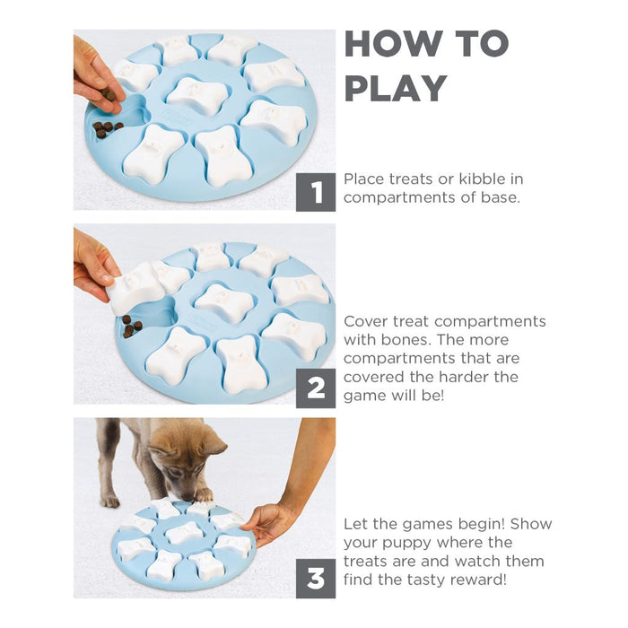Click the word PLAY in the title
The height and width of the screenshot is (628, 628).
395,88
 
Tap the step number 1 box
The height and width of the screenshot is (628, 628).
316,192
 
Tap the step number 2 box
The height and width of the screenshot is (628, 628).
316,388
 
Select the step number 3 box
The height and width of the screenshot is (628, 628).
316,579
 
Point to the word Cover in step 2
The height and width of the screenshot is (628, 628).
366,321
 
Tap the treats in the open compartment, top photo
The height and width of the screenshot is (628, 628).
107,128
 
